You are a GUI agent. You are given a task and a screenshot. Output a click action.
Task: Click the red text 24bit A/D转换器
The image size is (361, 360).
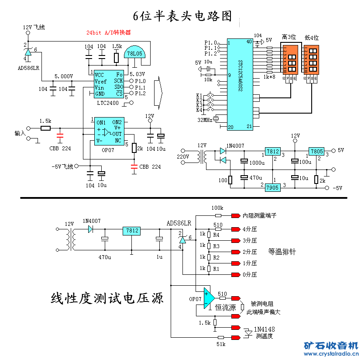(109, 32)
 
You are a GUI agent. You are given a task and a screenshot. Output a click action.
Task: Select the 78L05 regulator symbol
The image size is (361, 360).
(134, 53)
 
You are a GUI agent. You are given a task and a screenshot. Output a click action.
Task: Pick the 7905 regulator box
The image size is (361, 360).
(272, 187)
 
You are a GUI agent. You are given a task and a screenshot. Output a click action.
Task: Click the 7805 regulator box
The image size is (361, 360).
(316, 151)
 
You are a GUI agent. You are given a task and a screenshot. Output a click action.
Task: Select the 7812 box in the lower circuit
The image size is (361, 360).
(131, 230)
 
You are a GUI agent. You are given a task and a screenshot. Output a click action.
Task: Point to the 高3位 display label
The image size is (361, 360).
(289, 38)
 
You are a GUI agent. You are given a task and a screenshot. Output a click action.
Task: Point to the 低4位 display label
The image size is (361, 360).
(312, 38)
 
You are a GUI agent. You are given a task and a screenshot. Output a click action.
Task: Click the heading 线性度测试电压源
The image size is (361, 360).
(107, 298)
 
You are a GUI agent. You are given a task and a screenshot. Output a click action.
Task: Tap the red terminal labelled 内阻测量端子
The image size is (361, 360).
(236, 215)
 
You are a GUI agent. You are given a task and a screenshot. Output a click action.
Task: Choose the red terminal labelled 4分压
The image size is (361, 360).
(236, 228)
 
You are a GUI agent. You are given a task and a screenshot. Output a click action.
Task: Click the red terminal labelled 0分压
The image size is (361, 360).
(236, 275)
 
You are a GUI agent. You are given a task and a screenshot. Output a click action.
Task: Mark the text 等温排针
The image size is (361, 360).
(282, 252)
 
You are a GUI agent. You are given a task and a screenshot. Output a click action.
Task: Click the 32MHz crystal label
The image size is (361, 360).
(205, 120)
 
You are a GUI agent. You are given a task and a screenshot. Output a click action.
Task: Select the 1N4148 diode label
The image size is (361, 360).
(265, 329)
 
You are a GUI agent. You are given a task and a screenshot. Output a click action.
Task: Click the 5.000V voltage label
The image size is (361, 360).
(64, 76)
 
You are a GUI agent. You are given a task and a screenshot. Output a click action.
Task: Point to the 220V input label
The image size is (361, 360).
(182, 156)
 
